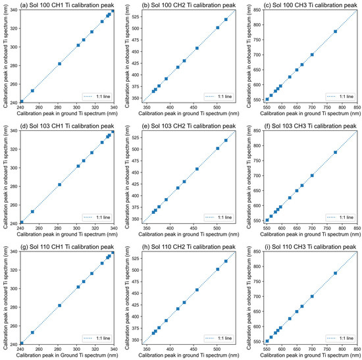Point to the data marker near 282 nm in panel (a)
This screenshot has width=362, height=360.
pos(59,64)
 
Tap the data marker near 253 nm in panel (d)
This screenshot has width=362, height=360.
pos(32,211)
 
